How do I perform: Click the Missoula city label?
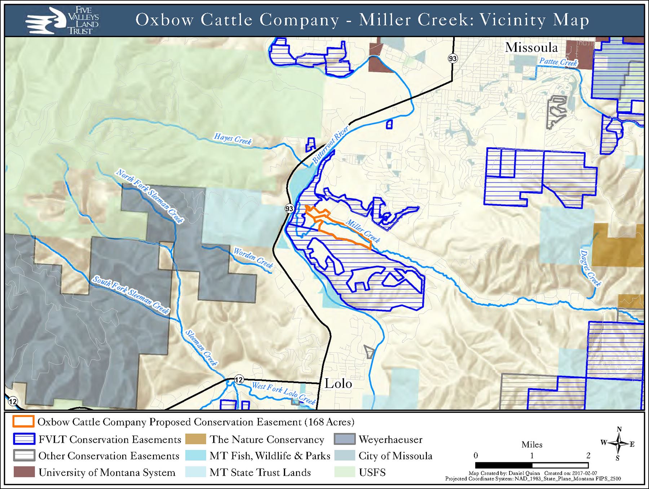[x=531, y=48]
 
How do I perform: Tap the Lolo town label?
[x=338, y=384]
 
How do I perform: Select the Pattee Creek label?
[x=558, y=62]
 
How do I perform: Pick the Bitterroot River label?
[x=330, y=145]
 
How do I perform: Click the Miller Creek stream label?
[x=363, y=231]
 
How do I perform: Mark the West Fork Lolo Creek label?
[x=283, y=393]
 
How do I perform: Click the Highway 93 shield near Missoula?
[x=452, y=58]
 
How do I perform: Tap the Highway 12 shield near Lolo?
[x=239, y=379]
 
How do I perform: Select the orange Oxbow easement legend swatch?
[x=23, y=422]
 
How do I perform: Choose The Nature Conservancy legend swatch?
[x=195, y=439]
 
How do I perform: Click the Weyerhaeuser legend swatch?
[x=344, y=439]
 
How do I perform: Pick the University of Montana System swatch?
[x=24, y=472]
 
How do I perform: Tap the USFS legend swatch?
[x=344, y=472]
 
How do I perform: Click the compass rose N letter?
[x=619, y=429]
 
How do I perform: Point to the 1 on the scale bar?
[x=532, y=455]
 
